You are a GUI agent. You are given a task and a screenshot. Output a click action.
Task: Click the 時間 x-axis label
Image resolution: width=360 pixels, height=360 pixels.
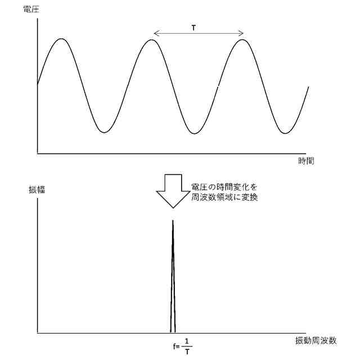(306, 161)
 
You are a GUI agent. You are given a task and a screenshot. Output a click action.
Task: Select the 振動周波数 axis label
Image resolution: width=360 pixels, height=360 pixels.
(316, 340)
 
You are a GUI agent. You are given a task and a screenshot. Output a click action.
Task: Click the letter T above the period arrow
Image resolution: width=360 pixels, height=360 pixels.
(194, 27)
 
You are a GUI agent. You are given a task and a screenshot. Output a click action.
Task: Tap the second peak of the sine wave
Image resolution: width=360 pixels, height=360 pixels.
(151, 39)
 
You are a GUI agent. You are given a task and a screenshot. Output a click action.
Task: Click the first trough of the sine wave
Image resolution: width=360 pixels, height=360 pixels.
(103, 133)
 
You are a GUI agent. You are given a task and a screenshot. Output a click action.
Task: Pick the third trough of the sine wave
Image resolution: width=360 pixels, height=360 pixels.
(285, 133)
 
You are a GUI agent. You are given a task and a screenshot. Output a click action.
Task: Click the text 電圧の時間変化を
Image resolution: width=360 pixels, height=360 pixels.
(224, 187)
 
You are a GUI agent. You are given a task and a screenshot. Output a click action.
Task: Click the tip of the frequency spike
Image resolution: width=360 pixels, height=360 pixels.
(173, 220)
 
